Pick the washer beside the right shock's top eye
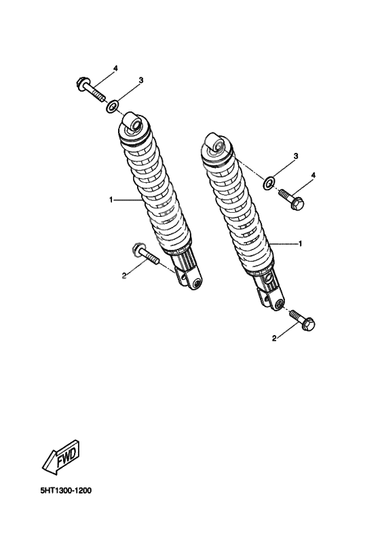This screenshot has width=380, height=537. click(269, 181)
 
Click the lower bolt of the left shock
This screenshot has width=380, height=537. click(145, 254)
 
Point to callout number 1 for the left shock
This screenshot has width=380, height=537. click(109, 200)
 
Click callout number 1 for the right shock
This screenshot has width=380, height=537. click(300, 243)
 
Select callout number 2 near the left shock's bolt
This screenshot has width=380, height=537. click(123, 276)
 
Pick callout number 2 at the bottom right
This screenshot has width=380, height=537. click(274, 338)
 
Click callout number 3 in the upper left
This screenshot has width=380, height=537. click(140, 80)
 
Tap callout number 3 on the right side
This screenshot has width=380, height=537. click(296, 156)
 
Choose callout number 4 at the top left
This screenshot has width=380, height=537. click(115, 69)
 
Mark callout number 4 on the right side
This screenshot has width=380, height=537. click(313, 175)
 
